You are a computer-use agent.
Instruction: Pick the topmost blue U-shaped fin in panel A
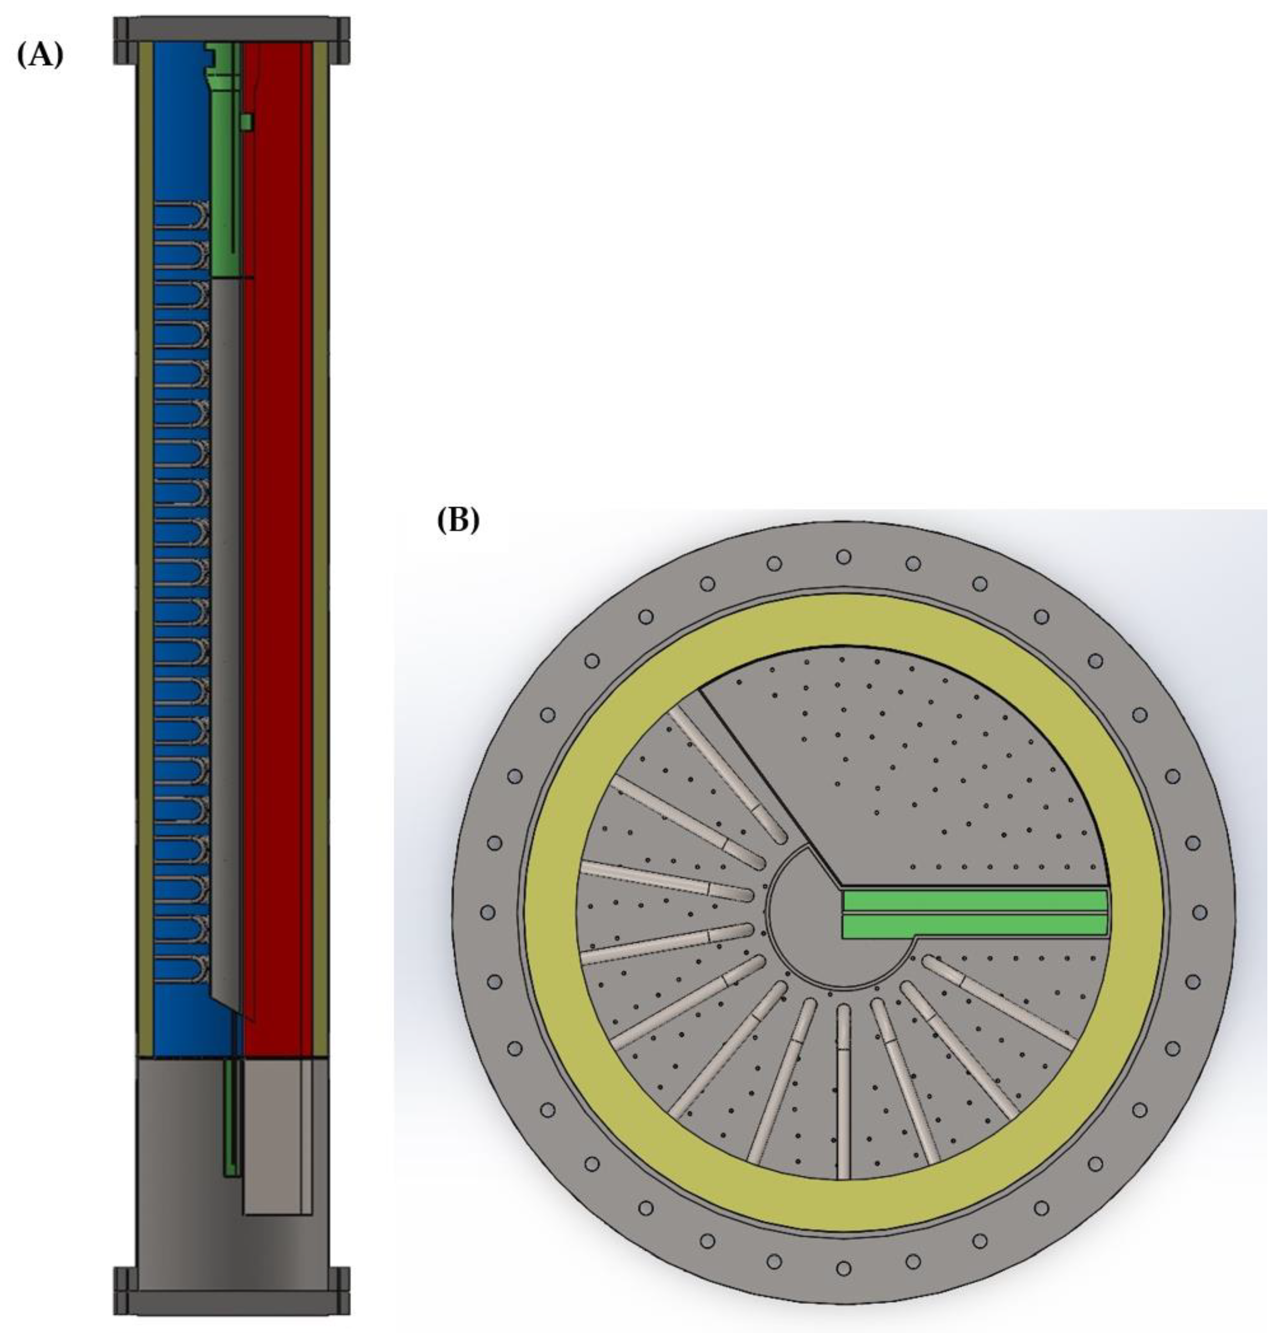coord(180,217)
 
